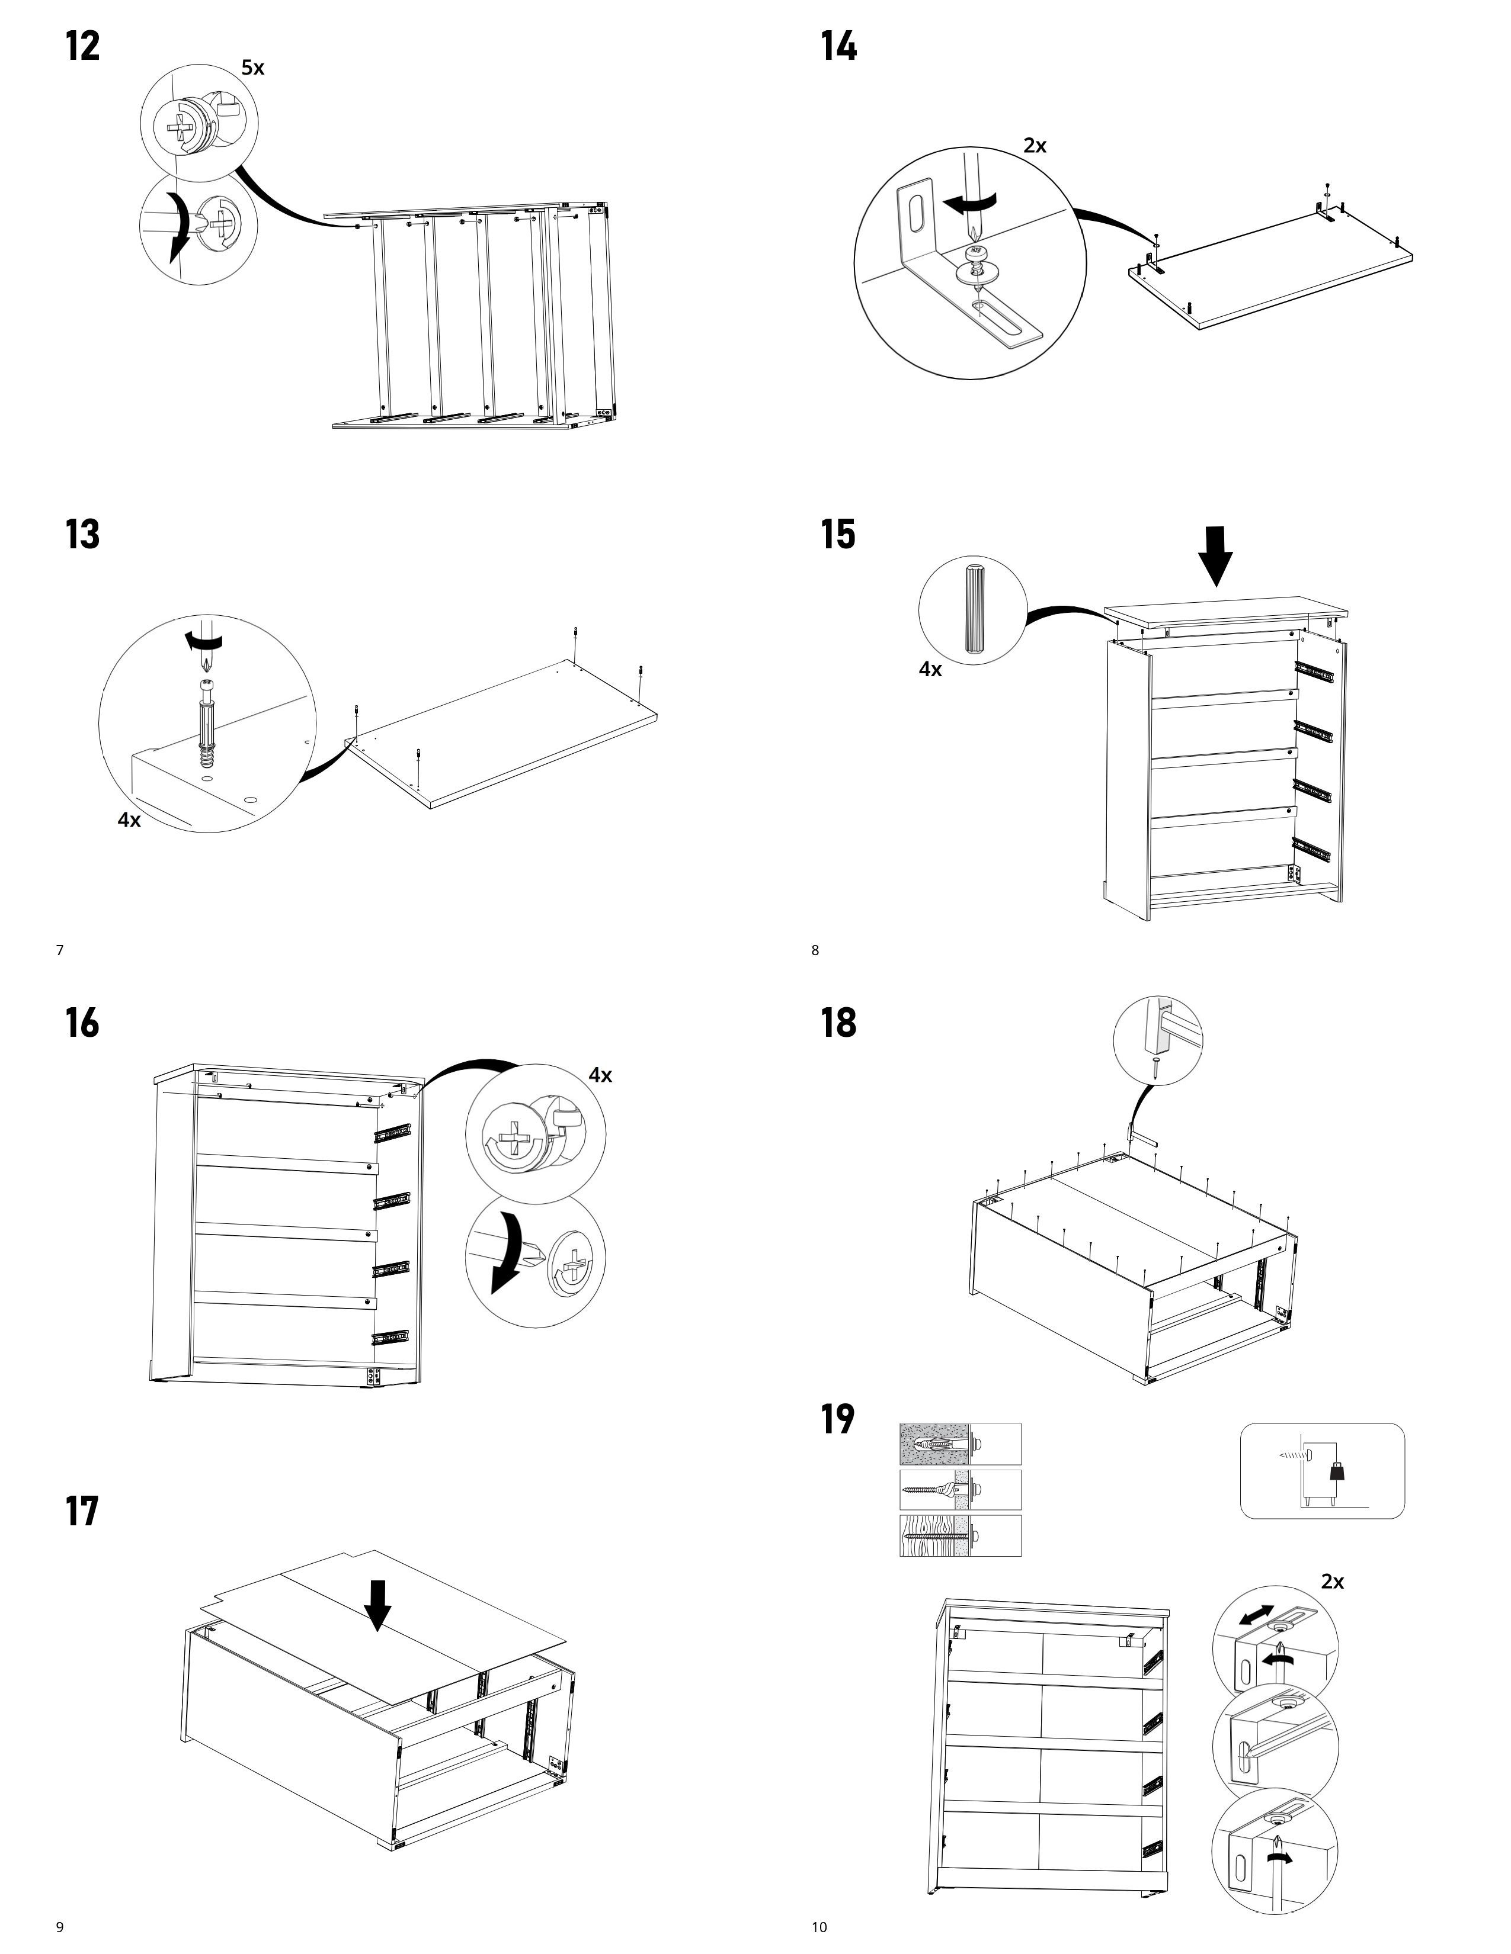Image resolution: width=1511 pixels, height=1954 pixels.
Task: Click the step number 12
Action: (x=82, y=47)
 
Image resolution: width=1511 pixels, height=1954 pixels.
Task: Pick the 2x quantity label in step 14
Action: (x=1035, y=146)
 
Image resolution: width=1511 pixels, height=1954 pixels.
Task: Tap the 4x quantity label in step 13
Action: (x=130, y=819)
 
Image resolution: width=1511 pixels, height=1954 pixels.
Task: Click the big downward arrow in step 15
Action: (x=1217, y=555)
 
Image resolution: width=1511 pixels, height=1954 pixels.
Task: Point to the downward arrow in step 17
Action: (x=378, y=1604)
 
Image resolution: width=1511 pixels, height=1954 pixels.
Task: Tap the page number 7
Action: (x=60, y=950)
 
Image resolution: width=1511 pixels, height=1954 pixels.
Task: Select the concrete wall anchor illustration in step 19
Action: (x=959, y=1444)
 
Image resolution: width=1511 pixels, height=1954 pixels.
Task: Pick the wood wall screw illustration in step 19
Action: (x=959, y=1536)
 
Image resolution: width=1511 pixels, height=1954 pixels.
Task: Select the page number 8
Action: (x=815, y=950)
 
